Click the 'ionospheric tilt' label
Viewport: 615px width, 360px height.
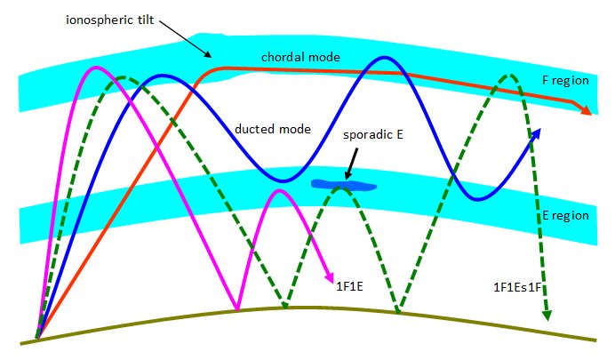110,20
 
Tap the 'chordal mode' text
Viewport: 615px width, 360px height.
300,57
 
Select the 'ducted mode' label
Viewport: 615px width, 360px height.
273,129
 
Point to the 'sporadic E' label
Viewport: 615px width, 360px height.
373,135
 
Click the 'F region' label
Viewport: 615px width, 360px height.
565,80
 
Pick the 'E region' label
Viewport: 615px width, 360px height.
565,215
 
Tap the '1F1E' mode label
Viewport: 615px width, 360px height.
349,286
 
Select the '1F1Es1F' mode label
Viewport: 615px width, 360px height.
517,287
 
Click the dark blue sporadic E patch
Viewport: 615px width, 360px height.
344,185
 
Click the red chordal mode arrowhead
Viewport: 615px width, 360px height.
585,110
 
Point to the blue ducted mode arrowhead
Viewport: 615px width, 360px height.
536,133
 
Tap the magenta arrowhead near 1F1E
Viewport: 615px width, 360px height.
329,276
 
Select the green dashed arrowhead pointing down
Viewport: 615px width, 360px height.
547,316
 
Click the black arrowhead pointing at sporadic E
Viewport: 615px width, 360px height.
347,176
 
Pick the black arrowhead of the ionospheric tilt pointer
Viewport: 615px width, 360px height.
208,54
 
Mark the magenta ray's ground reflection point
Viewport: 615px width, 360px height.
237,308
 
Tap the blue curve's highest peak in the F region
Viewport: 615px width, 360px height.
385,58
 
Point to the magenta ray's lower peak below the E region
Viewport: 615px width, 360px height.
279,190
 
